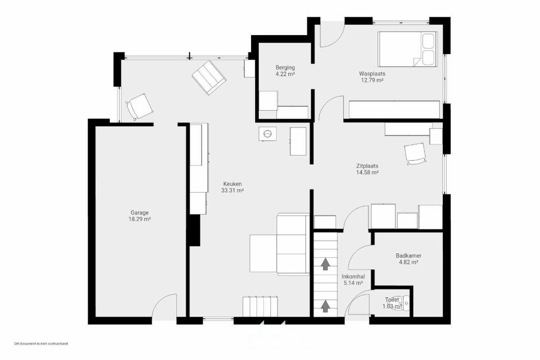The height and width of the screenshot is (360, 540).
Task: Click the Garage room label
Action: pyautogui.click(x=139, y=213)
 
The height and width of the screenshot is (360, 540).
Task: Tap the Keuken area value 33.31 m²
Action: pyautogui.click(x=232, y=190)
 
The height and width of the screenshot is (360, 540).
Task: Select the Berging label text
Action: pyautogui.click(x=285, y=68)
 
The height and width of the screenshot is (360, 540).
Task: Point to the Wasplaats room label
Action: pyautogui.click(x=372, y=73)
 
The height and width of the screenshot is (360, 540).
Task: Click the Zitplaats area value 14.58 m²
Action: pyautogui.click(x=367, y=172)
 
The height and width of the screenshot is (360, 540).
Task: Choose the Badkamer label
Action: pyautogui.click(x=409, y=255)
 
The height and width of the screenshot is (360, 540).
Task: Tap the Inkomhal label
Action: pyautogui.click(x=353, y=277)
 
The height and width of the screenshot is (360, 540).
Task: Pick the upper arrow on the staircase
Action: pyautogui.click(x=325, y=264)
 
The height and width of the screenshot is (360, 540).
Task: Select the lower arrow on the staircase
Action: pyautogui.click(x=325, y=306)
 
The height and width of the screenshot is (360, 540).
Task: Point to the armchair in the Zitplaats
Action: pyautogui.click(x=415, y=154)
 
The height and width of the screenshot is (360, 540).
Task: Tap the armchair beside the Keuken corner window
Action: pyautogui.click(x=139, y=107)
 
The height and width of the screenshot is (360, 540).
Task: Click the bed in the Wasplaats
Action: pyautogui.click(x=407, y=49)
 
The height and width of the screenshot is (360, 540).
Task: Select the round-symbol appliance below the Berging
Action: pyautogui.click(x=267, y=134)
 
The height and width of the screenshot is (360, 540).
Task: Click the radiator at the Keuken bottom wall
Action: pyautogui.click(x=260, y=306)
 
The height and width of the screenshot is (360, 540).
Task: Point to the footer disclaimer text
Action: pyautogui.click(x=41, y=343)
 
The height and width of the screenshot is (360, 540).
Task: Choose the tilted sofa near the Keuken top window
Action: pyautogui.click(x=209, y=78)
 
